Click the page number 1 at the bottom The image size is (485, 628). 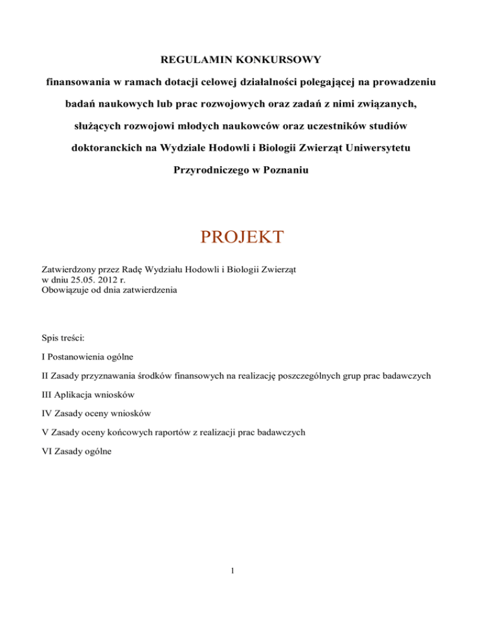[x=242, y=571]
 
